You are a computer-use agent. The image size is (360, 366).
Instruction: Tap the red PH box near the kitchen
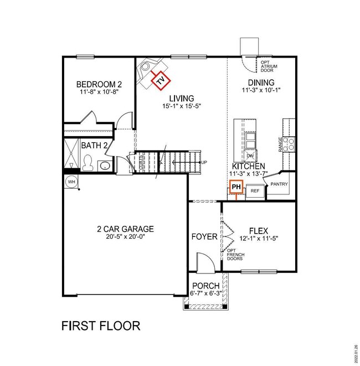coord(236,188)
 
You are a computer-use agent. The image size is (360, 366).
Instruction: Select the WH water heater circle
coord(71,182)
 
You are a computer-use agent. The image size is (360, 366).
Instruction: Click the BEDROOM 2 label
coord(99,85)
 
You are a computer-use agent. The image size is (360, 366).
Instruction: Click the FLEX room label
coord(259,231)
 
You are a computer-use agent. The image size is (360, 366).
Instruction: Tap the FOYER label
coord(204,236)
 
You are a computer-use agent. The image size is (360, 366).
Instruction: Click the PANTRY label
coord(279,184)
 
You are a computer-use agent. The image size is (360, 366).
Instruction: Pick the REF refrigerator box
coord(255,190)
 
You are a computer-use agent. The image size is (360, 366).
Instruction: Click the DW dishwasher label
coord(250,156)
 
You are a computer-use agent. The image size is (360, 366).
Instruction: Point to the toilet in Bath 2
coord(87,163)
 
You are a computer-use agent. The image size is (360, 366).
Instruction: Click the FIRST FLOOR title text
coord(100,325)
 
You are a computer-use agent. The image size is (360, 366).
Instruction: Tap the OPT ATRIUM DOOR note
coord(269,67)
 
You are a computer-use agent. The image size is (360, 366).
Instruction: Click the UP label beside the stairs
coord(204,162)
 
